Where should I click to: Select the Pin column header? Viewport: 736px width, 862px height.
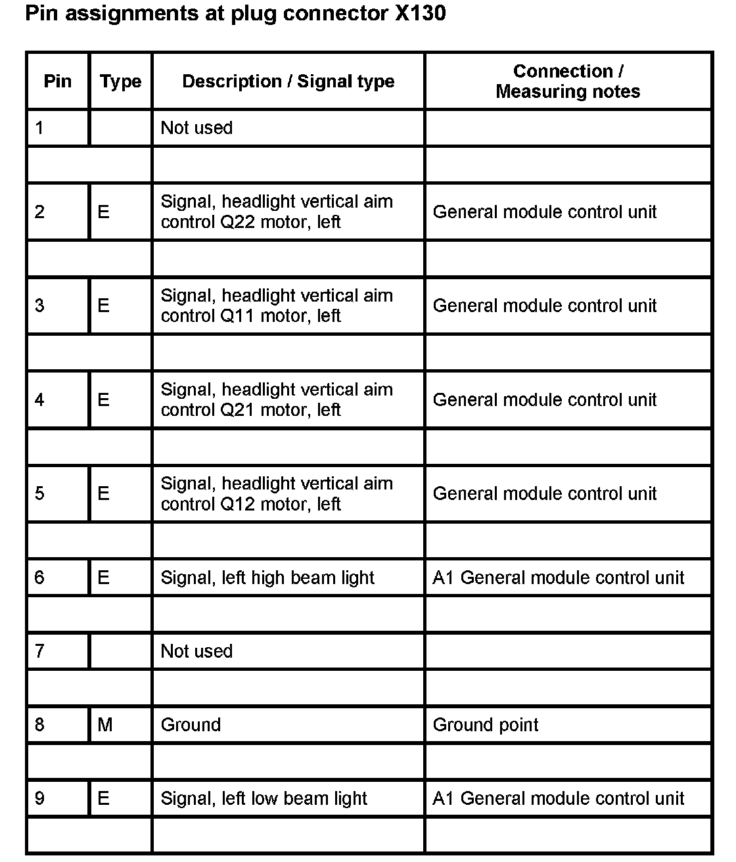pyautogui.click(x=57, y=81)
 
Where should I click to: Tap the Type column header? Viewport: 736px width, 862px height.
pyautogui.click(x=120, y=81)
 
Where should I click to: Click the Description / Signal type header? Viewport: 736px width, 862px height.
pyautogui.click(x=288, y=81)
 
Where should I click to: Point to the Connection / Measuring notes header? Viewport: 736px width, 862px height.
pyautogui.click(x=568, y=81)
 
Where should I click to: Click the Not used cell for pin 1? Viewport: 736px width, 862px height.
pyautogui.click(x=196, y=127)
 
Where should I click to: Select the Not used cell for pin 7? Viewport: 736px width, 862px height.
pyautogui.click(x=196, y=651)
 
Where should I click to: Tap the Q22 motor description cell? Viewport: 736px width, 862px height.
pyautogui.click(x=276, y=212)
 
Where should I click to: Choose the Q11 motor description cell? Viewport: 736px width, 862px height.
pyautogui.click(x=276, y=306)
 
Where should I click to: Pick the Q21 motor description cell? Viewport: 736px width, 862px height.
pyautogui.click(x=276, y=399)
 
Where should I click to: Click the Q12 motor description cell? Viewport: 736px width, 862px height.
pyautogui.click(x=276, y=493)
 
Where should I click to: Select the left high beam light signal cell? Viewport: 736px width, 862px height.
pyautogui.click(x=267, y=578)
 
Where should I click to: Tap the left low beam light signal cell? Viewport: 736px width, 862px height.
pyautogui.click(x=264, y=798)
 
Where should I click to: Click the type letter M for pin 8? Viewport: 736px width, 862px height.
pyautogui.click(x=105, y=725)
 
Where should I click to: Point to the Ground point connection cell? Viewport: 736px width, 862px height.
pyautogui.click(x=485, y=725)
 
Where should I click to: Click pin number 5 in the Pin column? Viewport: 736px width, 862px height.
pyautogui.click(x=39, y=493)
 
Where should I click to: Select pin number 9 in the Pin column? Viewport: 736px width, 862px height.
pyautogui.click(x=39, y=798)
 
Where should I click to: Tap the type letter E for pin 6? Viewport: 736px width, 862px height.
pyautogui.click(x=103, y=578)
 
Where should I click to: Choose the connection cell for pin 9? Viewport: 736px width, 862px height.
pyautogui.click(x=558, y=798)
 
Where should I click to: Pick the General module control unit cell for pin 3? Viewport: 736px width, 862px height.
pyautogui.click(x=544, y=306)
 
